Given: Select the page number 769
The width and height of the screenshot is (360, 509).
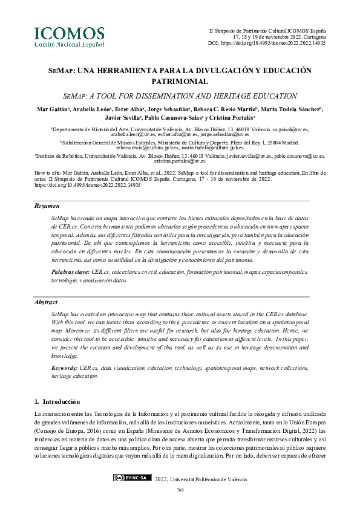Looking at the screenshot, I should [180, 490].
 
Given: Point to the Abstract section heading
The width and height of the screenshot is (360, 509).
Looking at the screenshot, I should [46, 301].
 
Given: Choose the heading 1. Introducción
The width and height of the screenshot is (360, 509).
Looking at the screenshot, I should [57, 401].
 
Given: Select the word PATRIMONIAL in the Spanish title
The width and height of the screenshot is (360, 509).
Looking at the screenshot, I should [180, 81].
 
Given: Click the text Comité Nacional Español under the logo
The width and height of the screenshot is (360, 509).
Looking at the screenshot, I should [69, 44].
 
